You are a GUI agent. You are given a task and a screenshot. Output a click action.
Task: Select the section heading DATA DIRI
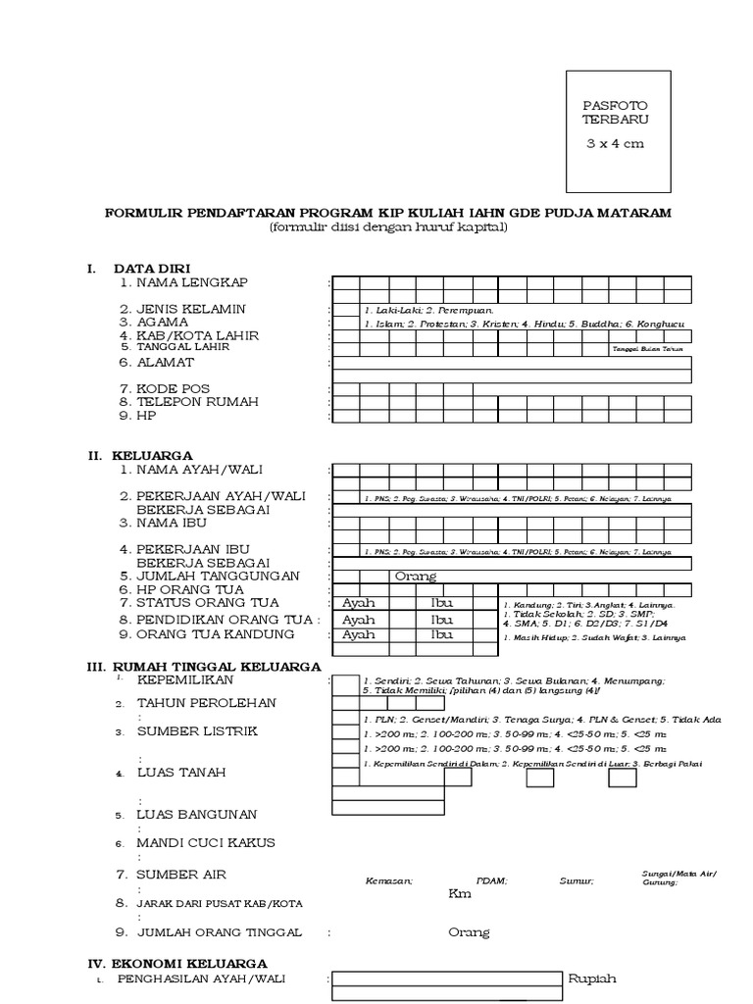click(x=152, y=269)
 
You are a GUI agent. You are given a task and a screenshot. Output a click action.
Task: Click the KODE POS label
click(x=174, y=389)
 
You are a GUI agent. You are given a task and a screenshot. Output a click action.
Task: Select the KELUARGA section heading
click(x=153, y=456)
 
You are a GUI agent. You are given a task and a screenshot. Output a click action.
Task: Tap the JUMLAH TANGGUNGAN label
click(x=218, y=576)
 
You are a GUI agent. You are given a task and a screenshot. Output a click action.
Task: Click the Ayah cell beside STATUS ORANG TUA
click(x=359, y=602)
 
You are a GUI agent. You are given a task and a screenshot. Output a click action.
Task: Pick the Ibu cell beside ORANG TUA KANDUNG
click(x=442, y=635)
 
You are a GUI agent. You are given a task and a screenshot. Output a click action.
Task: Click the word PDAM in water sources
click(x=491, y=881)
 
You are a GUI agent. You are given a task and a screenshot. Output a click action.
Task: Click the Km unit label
click(x=460, y=894)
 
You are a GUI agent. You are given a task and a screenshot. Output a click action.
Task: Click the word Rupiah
click(x=592, y=979)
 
